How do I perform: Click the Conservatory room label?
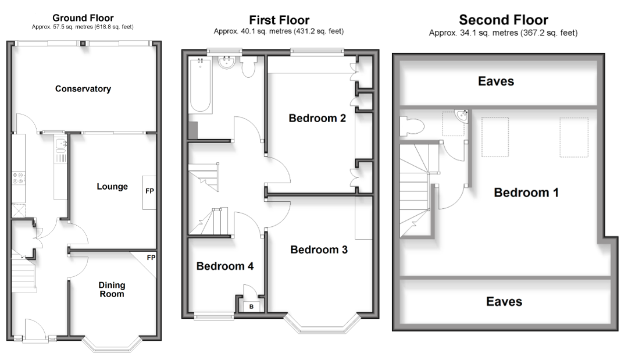coord(83,89)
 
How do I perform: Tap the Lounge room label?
coord(112,187)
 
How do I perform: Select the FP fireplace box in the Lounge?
coord(149,191)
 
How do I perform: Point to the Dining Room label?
coord(111,290)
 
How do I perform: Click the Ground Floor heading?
coord(83,18)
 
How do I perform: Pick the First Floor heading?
coord(279,21)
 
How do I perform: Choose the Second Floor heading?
coord(503,21)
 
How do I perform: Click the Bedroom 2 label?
coord(317,119)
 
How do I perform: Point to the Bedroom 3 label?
coord(319,250)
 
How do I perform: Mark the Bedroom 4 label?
coord(225,266)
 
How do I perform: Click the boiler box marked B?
coord(251,306)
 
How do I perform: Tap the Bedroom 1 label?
coord(526,193)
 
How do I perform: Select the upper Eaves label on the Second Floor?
coord(496,81)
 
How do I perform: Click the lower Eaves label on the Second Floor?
coord(504,301)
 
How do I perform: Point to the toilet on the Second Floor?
coord(411,125)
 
